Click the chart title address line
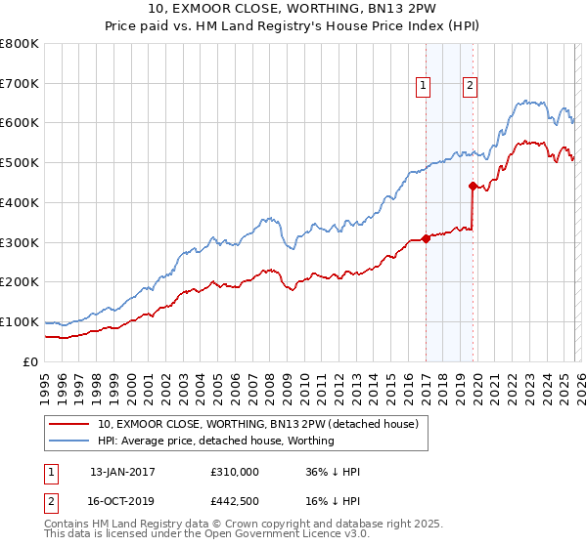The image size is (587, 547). tap(293, 11)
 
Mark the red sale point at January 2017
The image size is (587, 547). tap(426, 237)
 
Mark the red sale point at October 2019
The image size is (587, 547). tap(473, 185)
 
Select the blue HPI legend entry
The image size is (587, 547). tap(215, 441)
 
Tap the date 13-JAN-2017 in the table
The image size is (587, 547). tap(122, 472)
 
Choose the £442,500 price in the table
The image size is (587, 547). tap(235, 503)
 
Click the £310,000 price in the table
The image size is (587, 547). tap(235, 472)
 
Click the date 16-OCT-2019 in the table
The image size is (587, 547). tap(122, 503)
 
